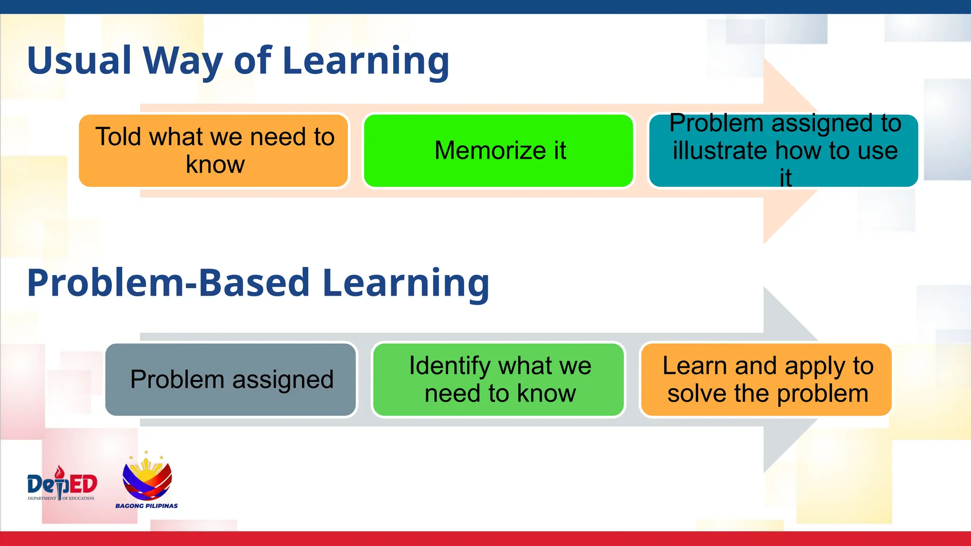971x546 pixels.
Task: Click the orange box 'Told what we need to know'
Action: pos(213,151)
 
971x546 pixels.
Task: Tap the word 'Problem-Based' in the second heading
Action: pos(168,283)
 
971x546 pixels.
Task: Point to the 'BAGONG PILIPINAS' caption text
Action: pos(147,506)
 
